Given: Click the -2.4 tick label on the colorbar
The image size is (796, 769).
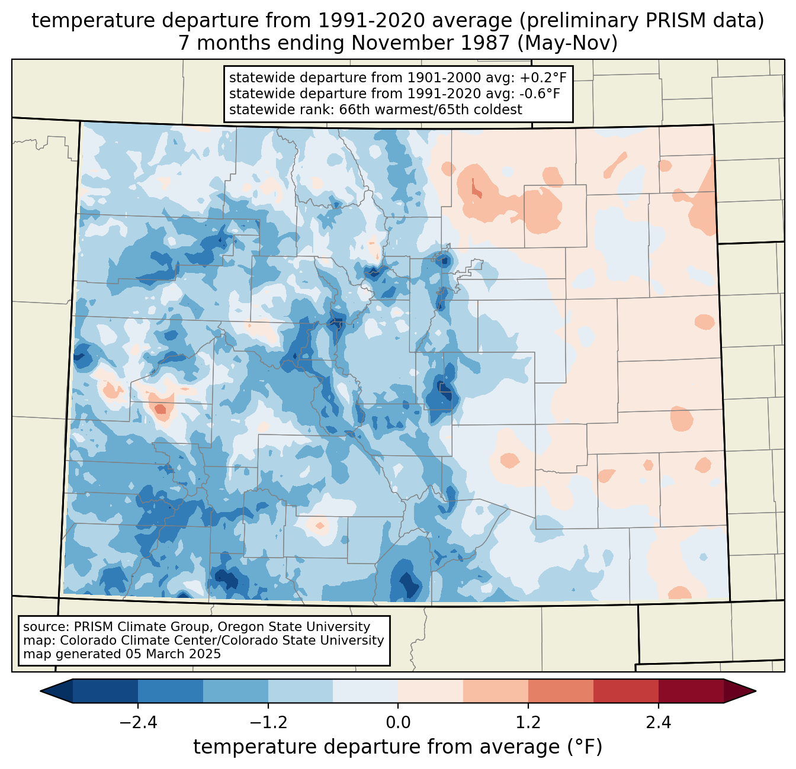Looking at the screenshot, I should pos(138,723).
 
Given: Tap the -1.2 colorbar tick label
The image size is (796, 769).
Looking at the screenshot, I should pos(268,723).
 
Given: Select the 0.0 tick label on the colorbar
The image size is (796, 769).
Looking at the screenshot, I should pos(398,723).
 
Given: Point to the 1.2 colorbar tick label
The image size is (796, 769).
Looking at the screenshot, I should pos(528,723).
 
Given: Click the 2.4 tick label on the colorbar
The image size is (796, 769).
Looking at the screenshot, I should pos(658,723).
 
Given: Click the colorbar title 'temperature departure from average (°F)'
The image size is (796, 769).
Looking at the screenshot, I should pos(398,747).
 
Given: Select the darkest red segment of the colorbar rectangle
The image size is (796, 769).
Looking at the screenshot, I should pos(691,691).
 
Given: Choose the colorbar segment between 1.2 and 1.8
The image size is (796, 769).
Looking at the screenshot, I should pos(560,691).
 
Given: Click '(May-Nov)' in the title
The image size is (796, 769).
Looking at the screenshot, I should pos(570,43).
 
